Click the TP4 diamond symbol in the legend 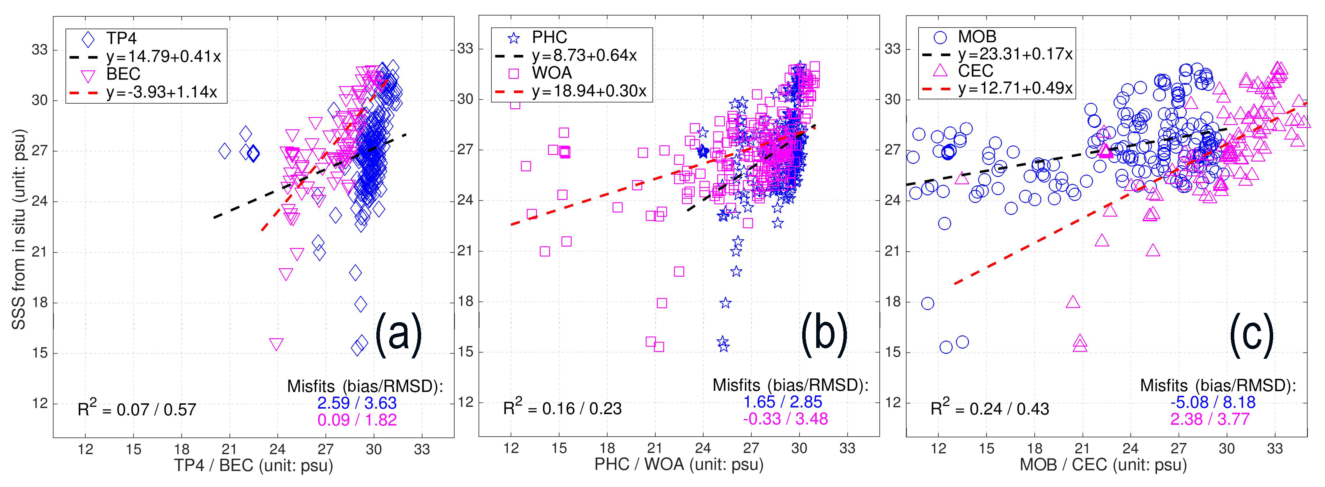88,39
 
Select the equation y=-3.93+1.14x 162,92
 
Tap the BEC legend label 124,74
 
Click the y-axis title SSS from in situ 19,229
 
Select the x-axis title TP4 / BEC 254,466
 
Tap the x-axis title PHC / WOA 679,464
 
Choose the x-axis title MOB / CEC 1103,465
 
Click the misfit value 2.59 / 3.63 357,403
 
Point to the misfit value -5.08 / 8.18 1213,402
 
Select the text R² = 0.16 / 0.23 562,408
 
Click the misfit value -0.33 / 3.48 785,419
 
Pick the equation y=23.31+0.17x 1015,54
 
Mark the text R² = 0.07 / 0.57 137,409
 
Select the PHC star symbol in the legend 513,38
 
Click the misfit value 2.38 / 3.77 1210,420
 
